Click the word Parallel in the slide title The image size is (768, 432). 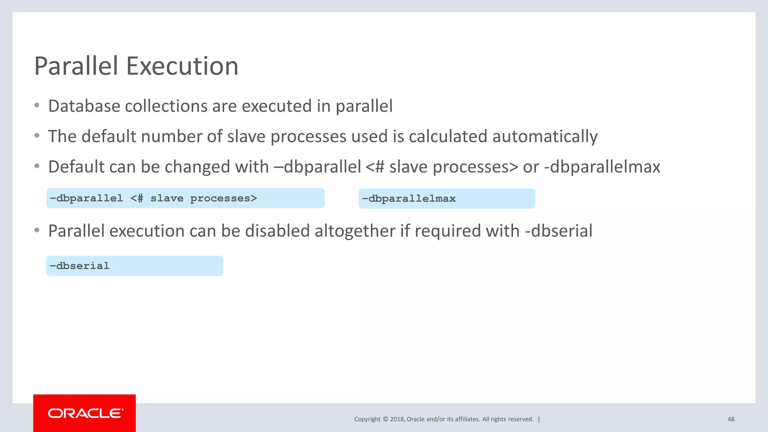(x=76, y=66)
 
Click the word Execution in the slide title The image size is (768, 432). (x=182, y=66)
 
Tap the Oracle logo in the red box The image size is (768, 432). (x=85, y=413)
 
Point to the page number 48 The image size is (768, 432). (x=731, y=419)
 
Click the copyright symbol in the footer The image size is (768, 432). (x=385, y=419)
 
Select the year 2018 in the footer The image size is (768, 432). (x=397, y=419)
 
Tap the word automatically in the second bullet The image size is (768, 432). (x=545, y=136)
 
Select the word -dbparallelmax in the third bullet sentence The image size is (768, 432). (x=602, y=167)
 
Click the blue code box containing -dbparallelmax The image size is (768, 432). (x=447, y=198)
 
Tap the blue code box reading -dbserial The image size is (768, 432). (x=135, y=266)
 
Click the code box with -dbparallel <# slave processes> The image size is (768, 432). (x=185, y=198)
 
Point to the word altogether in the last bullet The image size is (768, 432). (x=355, y=231)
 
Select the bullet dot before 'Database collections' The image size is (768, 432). (x=37, y=106)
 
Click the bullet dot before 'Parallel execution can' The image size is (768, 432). (x=37, y=230)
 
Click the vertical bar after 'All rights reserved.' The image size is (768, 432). (x=539, y=419)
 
